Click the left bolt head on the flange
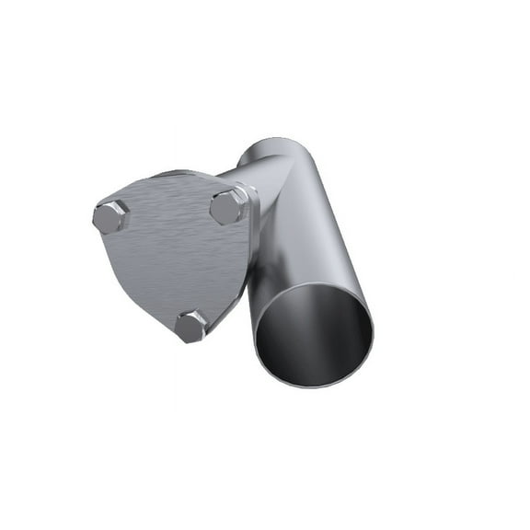click(110, 217)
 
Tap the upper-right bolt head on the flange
click(227, 206)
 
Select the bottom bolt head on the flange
click(191, 326)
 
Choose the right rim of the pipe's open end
click(374, 322)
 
